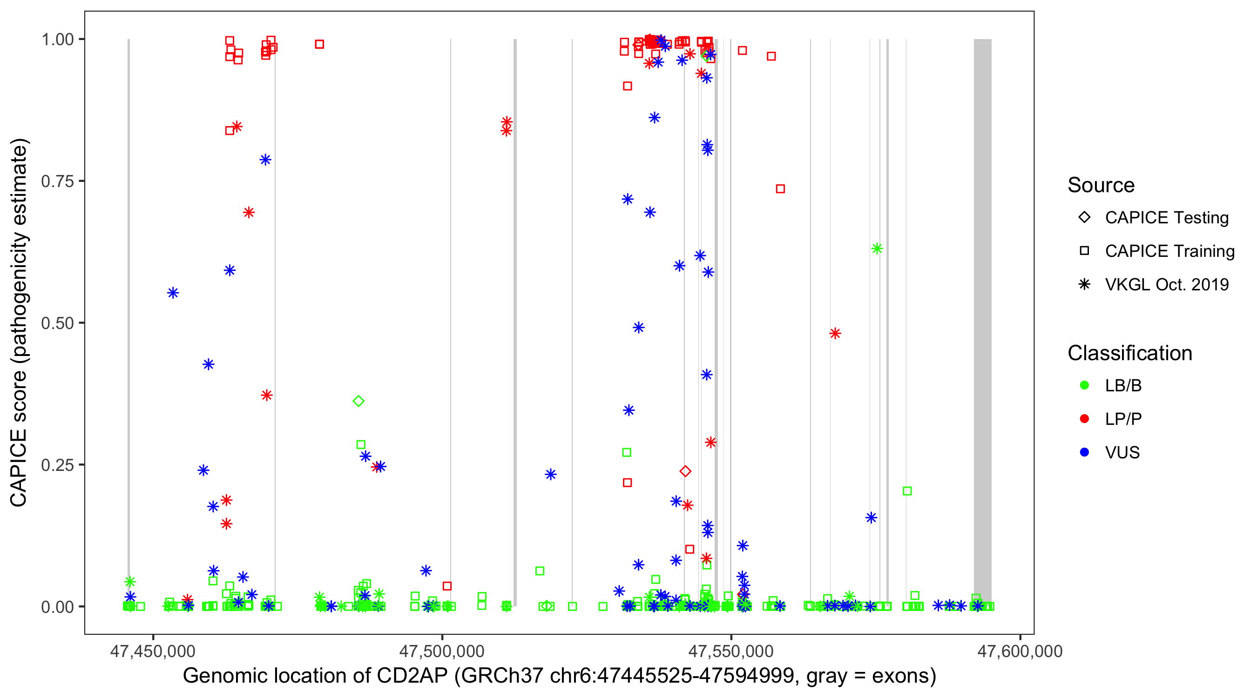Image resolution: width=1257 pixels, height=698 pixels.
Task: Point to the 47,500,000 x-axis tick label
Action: pyautogui.click(x=442, y=651)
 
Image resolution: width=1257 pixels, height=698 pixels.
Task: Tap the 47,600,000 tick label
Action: pyautogui.click(x=1020, y=651)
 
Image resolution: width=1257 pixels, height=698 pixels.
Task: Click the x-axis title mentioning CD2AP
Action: pyautogui.click(x=559, y=676)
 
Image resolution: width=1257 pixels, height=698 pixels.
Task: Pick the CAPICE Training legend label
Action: pyautogui.click(x=1169, y=251)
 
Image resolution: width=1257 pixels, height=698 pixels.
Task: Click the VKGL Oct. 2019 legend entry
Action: pyautogui.click(x=1166, y=285)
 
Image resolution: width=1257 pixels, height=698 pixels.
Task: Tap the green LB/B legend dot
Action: pyautogui.click(x=1084, y=386)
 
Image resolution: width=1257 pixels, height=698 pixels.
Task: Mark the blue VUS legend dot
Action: pyautogui.click(x=1084, y=453)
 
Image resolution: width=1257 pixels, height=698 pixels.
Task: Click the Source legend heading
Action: pyautogui.click(x=1101, y=185)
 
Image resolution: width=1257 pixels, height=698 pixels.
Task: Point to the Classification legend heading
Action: pyautogui.click(x=1129, y=353)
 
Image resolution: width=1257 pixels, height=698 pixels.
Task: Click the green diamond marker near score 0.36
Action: pyautogui.click(x=358, y=402)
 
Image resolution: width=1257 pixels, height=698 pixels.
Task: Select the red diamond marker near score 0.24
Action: pyautogui.click(x=685, y=472)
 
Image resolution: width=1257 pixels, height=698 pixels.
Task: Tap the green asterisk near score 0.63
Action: pyautogui.click(x=877, y=249)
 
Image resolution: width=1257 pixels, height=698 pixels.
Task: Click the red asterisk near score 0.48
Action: pyautogui.click(x=835, y=334)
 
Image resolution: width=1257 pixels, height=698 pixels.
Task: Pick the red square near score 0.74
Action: pyautogui.click(x=780, y=189)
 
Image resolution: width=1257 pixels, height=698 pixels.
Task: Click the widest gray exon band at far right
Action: pyautogui.click(x=982, y=322)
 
